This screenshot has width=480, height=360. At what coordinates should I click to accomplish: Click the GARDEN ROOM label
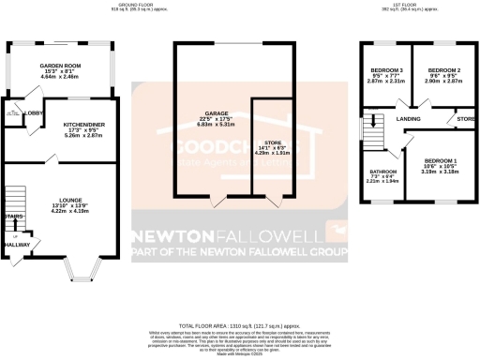tap(56, 65)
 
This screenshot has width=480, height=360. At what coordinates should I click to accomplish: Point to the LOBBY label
tap(32, 113)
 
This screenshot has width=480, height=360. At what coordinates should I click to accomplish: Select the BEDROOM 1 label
tap(441, 160)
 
